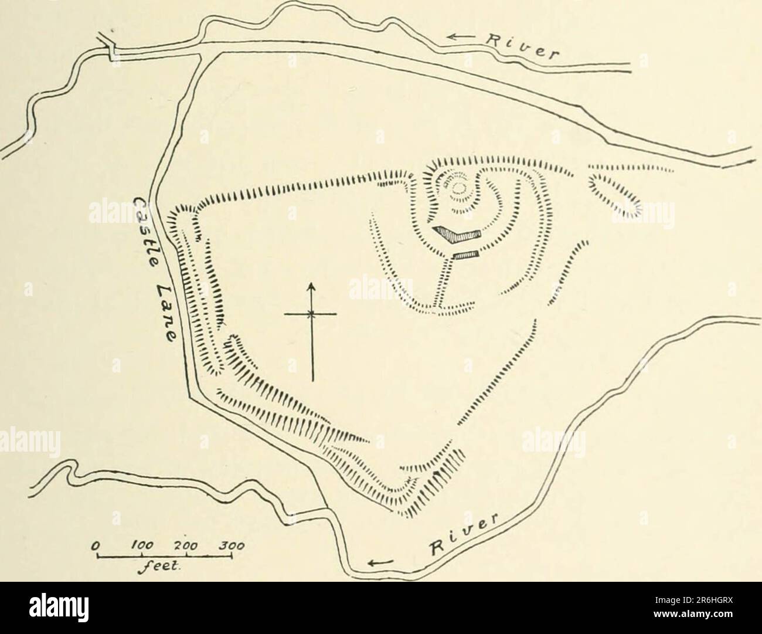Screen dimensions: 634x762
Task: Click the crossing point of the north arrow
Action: click(x=312, y=315)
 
